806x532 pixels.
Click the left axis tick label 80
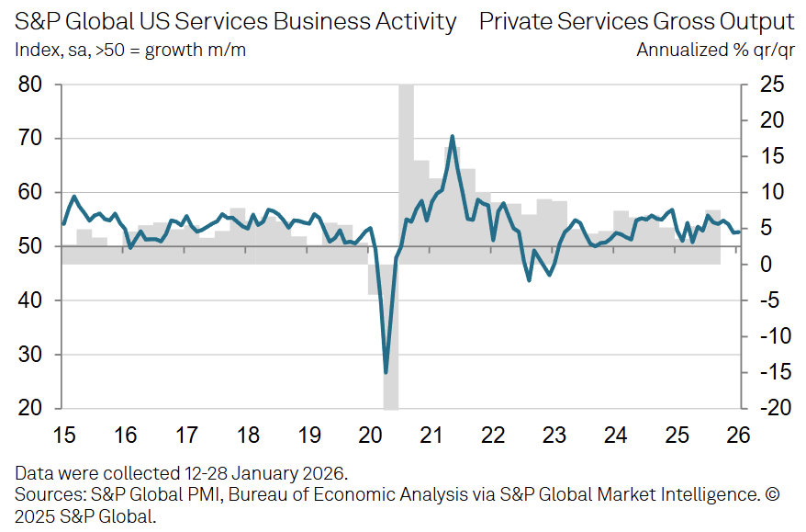pos(30,85)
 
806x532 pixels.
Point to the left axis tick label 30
pos(30,355)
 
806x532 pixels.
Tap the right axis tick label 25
pos(772,85)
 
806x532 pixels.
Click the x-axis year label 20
pos(371,435)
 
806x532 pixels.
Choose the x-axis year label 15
pos(63,435)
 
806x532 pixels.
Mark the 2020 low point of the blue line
pos(386,372)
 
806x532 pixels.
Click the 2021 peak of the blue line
pos(453,136)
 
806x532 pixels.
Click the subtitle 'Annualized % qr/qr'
pos(715,50)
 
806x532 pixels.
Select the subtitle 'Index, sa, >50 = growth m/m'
pos(129,50)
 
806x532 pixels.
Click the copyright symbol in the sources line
pos(771,495)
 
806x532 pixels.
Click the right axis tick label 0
pos(772,265)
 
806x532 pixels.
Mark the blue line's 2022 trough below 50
pos(529,279)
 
